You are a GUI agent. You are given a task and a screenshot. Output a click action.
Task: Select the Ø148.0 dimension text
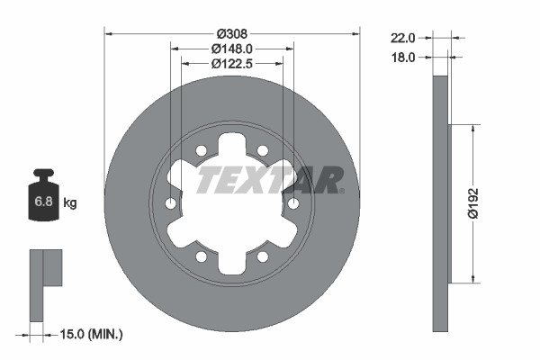[x=232, y=49]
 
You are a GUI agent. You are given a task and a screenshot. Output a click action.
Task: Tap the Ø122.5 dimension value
[x=232, y=63]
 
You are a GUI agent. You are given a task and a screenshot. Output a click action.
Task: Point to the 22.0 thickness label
[x=401, y=39]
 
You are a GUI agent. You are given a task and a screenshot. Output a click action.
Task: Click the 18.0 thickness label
[x=401, y=57]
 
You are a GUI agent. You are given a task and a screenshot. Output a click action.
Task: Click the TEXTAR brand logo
[x=269, y=179]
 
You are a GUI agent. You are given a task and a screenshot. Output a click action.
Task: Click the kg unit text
[x=70, y=203]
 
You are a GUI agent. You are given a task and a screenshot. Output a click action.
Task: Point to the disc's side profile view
[x=440, y=203]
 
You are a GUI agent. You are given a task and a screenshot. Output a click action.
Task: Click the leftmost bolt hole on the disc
[x=171, y=204]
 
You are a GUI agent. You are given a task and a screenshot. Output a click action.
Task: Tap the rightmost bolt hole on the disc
[x=293, y=204]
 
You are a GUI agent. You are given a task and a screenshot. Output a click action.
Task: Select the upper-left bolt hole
[x=202, y=150]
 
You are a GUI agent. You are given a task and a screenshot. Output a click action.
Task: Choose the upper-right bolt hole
[x=263, y=150]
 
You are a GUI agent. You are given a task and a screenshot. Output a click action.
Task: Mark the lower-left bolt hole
[x=202, y=257]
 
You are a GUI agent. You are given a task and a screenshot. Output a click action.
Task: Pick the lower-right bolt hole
[x=263, y=257]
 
